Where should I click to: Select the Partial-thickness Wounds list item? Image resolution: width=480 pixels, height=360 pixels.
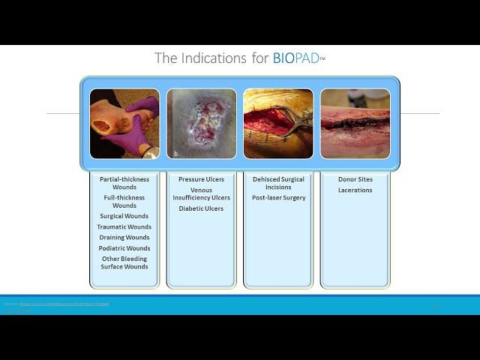pos(124,184)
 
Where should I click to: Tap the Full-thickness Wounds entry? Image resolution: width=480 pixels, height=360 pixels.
pos(124,202)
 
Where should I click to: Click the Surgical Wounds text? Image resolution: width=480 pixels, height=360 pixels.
pos(124,216)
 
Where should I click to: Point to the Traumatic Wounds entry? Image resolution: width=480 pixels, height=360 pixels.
pos(124,226)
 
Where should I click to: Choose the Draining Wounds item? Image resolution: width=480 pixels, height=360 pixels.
pos(124,237)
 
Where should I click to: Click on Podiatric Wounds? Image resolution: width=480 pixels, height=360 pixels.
pos(124,248)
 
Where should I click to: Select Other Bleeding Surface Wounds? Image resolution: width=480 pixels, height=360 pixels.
pos(124,262)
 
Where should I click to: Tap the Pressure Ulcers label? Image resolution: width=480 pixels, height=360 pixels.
pos(201,180)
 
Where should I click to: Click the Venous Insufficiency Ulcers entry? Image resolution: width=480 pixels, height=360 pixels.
pos(201,194)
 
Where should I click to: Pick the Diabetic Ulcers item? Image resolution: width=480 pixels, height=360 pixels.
pos(201,208)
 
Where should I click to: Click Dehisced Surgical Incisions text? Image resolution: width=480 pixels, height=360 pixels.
pos(278,184)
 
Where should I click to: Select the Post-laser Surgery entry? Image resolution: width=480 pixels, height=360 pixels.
pos(278,198)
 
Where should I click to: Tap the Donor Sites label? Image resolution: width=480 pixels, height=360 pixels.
pos(355,180)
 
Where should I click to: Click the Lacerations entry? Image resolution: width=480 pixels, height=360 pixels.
pos(355,190)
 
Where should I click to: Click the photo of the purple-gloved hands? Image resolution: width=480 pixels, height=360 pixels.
pos(124,124)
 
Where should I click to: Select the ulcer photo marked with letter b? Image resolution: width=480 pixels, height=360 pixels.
pos(201,124)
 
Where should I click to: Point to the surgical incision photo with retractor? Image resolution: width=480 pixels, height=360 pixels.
pos(278,124)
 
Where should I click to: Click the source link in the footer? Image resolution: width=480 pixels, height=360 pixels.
pos(64,304)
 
